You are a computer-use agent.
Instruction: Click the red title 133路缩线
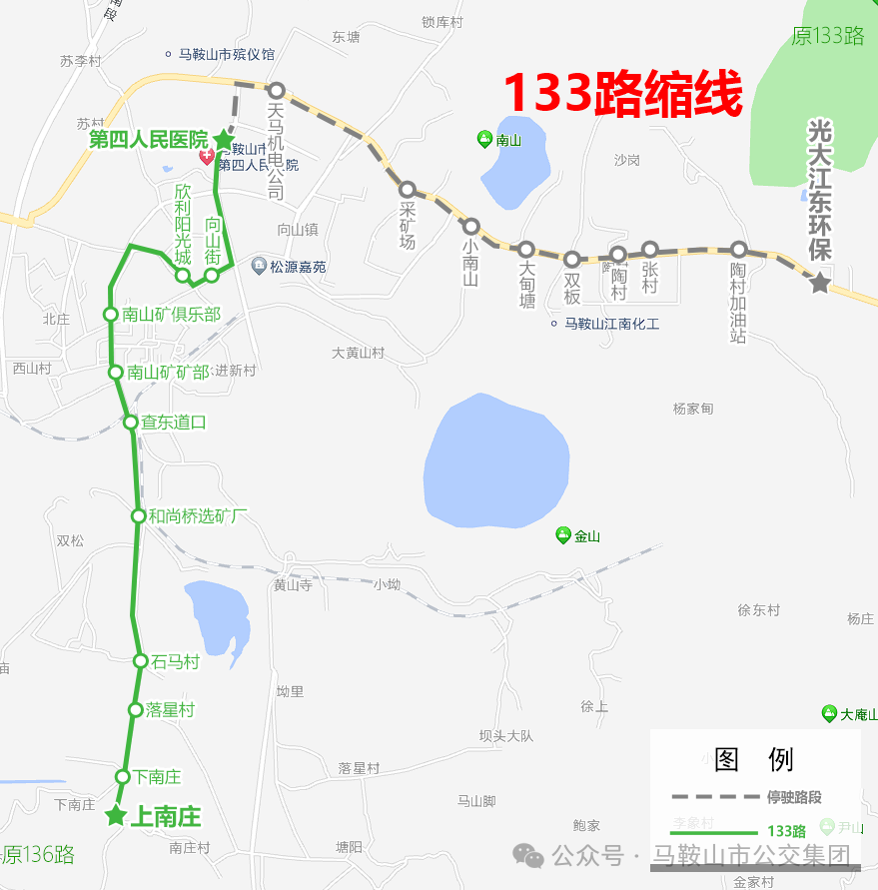tap(622, 95)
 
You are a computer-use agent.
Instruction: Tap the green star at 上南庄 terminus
tap(116, 816)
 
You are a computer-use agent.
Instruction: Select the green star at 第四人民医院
tap(223, 140)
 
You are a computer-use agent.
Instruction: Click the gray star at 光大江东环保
tap(820, 283)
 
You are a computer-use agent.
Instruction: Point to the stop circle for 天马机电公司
tap(277, 91)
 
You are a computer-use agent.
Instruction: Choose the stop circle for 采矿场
tap(407, 189)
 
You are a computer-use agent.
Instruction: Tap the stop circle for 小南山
tap(471, 227)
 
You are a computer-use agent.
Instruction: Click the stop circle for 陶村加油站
tap(738, 249)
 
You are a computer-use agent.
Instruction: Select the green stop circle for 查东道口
tap(131, 423)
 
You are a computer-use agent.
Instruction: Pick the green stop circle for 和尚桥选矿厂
tap(139, 515)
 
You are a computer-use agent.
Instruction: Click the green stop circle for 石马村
tap(142, 661)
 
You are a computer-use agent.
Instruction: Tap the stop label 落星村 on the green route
tap(170, 710)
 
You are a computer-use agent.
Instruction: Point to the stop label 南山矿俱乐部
tap(171, 314)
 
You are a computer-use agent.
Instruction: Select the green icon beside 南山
tap(484, 140)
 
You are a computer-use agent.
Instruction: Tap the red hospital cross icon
tap(207, 157)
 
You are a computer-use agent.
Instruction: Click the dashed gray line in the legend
tap(713, 797)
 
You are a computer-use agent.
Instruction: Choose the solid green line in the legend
tap(713, 831)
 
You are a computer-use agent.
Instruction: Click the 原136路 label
tap(40, 855)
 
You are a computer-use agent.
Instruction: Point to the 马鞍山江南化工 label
tap(611, 324)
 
